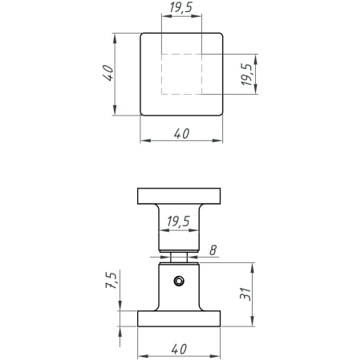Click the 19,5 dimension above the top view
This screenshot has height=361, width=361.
tap(181, 7)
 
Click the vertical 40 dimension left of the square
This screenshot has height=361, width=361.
tap(108, 73)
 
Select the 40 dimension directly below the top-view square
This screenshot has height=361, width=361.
tap(181, 134)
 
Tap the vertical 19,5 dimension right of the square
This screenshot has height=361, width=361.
tap(246, 75)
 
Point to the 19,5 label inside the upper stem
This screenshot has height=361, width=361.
tap(178, 221)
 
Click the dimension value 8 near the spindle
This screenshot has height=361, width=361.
tap(213, 250)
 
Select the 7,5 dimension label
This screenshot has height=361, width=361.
tap(112, 280)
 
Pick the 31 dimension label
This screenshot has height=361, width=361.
tap(245, 294)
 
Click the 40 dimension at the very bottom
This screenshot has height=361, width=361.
tap(179, 349)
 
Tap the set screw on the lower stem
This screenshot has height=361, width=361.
tap(179, 281)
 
